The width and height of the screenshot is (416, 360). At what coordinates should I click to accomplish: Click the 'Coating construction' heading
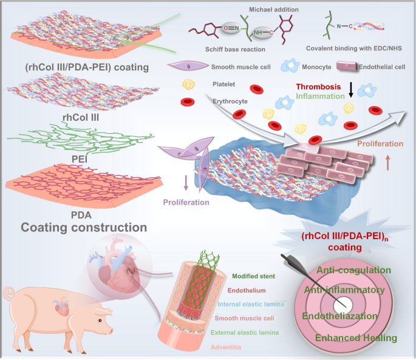84,228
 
